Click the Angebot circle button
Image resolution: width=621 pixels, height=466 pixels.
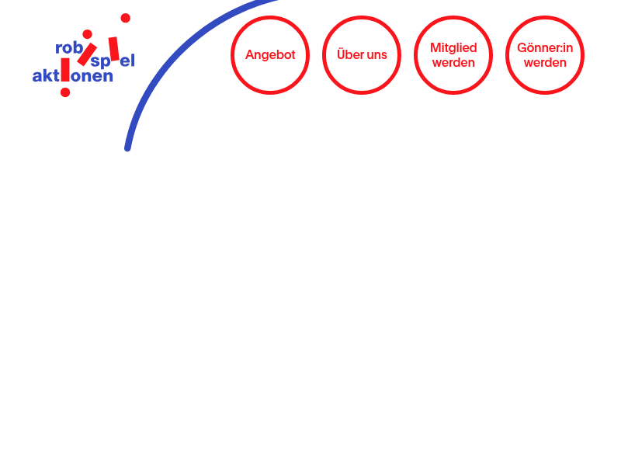coord(270,55)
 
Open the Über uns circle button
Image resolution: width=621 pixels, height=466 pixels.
coord(362,55)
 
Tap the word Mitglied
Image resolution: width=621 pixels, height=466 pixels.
coord(453,48)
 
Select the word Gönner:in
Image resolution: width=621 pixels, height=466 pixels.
coord(545,48)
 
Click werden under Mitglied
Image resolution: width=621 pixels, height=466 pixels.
coord(453,63)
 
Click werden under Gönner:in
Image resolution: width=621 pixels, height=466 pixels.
coord(545,63)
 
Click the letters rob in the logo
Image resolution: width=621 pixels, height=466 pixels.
coord(69,48)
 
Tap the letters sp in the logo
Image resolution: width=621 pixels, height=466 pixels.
coord(101,62)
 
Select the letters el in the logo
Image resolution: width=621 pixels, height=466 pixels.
coord(127,61)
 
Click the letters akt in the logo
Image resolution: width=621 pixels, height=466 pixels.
coord(46,75)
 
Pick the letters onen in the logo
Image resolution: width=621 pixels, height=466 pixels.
coord(92,76)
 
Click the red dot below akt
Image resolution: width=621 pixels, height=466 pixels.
coord(65,92)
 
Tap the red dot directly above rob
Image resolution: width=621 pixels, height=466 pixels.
coord(88,34)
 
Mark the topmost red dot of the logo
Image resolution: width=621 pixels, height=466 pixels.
coord(126,18)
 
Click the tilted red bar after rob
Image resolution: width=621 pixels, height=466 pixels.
coord(87,54)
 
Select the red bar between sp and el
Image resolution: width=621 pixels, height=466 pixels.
coord(114,49)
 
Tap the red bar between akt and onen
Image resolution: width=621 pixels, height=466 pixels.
coord(65,70)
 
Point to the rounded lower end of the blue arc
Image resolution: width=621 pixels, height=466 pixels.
coord(127,148)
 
